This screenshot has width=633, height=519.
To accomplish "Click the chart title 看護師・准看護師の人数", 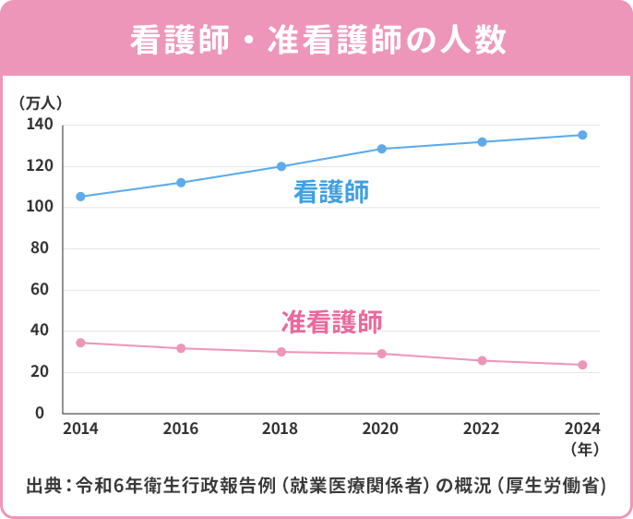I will pyautogui.click(x=316, y=40).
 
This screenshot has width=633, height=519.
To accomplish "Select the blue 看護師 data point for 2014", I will pyautogui.click(x=80, y=197).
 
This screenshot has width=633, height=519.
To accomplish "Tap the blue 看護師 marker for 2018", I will pyautogui.click(x=281, y=166).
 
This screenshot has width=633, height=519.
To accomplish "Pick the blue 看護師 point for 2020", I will pyautogui.click(x=382, y=149).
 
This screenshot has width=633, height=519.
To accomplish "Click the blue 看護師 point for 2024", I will pyautogui.click(x=582, y=135).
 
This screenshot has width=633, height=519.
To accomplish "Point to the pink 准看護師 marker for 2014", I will pyautogui.click(x=80, y=343).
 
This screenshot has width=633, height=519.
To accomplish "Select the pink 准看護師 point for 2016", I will pyautogui.click(x=181, y=348).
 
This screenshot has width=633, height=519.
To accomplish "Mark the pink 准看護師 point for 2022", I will pyautogui.click(x=482, y=360).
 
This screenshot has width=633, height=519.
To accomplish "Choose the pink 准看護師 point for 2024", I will pyautogui.click(x=582, y=365).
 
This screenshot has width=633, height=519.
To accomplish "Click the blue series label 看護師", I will pyautogui.click(x=331, y=192).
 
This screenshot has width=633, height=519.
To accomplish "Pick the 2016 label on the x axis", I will pyautogui.click(x=181, y=428).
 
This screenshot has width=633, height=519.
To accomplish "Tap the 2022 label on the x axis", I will pyautogui.click(x=482, y=428).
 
